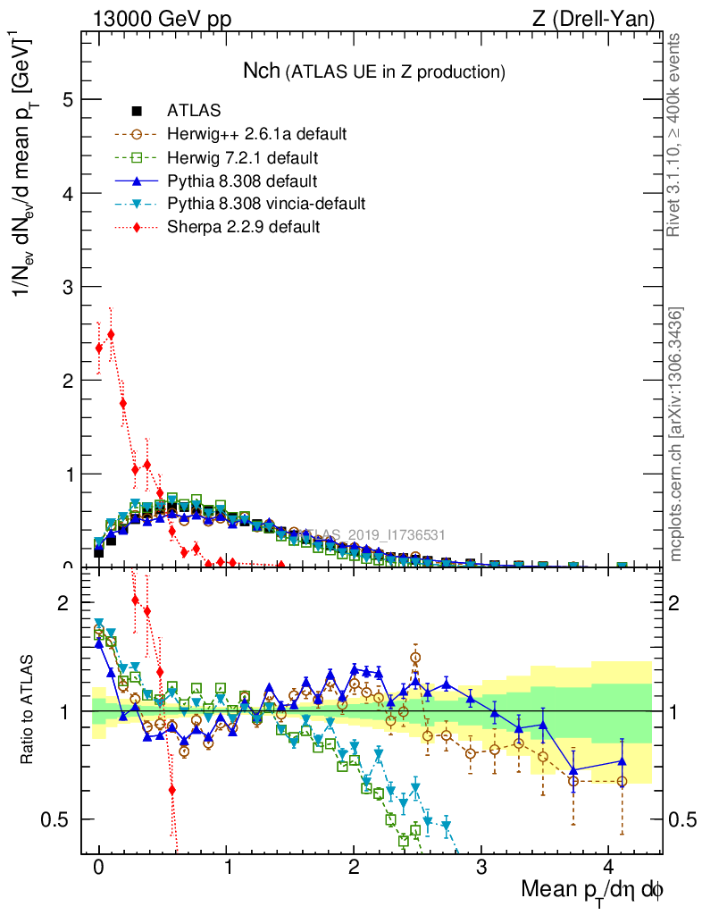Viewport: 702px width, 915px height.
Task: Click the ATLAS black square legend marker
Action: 137,111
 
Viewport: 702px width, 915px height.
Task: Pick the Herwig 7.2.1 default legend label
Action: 242,157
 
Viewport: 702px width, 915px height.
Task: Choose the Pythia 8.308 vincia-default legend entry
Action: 265,204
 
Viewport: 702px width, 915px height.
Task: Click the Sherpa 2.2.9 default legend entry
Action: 243,227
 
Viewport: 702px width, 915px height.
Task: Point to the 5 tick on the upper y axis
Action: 68,100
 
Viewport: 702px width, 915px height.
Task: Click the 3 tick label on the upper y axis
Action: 68,287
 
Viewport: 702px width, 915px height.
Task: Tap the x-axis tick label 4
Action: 609,867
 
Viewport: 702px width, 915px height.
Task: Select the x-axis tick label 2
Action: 355,867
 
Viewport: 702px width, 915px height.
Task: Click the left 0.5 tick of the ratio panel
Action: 61,819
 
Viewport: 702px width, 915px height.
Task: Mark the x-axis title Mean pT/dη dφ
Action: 592,890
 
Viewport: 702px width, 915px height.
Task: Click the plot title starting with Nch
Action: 374,71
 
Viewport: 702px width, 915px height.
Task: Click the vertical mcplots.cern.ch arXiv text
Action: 676,434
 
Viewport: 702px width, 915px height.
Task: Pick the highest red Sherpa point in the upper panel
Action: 111,334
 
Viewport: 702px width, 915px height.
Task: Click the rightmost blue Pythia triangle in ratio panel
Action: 623,761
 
